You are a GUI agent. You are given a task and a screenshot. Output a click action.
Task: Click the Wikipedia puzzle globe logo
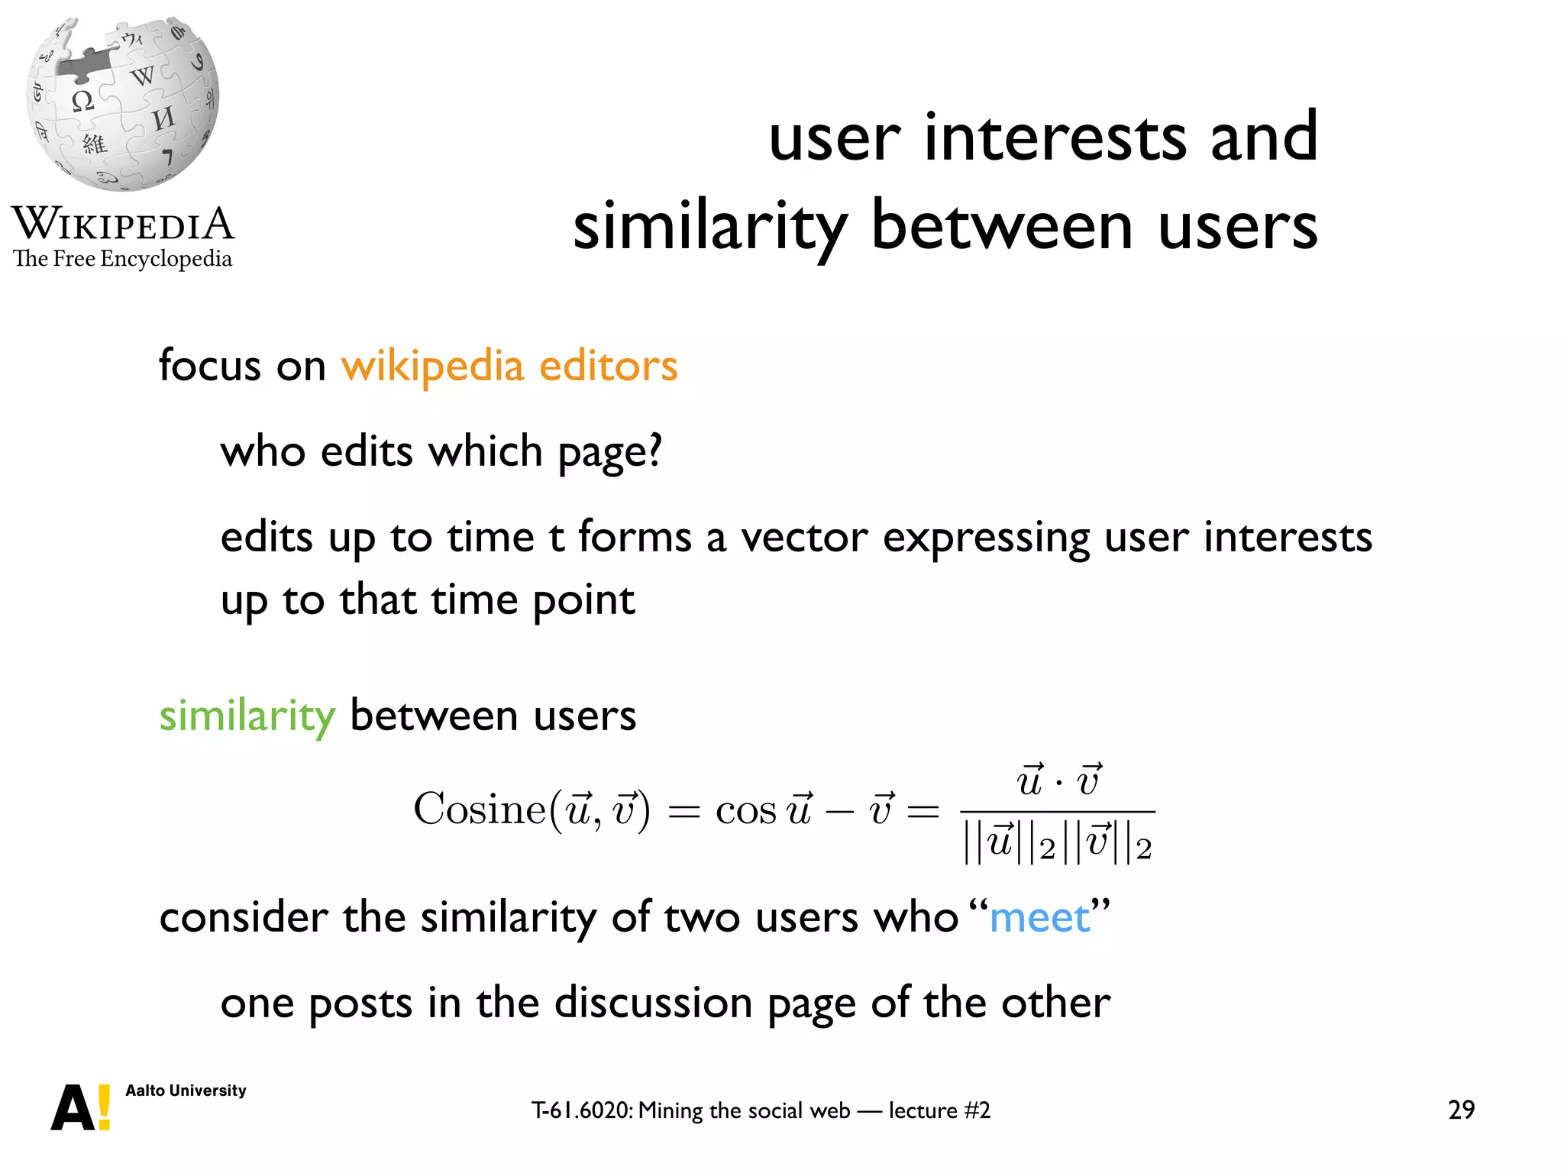[123, 103]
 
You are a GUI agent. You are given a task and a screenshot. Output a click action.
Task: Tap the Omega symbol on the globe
[82, 101]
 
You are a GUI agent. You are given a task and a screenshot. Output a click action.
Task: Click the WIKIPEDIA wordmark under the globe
[123, 224]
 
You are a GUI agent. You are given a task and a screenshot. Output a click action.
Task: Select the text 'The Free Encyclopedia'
[122, 259]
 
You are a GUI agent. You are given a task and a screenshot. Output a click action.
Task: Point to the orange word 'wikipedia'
[431, 367]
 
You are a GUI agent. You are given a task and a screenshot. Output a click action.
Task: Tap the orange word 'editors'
[608, 365]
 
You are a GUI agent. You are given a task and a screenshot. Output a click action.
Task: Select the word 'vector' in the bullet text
[804, 537]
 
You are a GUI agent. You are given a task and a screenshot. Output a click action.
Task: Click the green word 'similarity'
[247, 716]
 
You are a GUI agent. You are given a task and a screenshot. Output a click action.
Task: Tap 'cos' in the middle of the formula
[745, 811]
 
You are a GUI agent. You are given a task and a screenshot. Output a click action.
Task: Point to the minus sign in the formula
[839, 811]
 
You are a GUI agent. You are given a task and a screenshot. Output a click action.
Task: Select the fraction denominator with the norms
[1058, 844]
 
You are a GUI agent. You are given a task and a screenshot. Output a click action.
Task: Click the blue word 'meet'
[1039, 918]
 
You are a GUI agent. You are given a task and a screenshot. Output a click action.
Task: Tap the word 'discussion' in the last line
[653, 1003]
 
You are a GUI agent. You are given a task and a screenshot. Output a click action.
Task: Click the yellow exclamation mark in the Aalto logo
[105, 1107]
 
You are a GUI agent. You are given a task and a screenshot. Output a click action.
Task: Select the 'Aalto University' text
[186, 1091]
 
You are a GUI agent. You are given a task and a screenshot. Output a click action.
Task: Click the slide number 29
[1461, 1110]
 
